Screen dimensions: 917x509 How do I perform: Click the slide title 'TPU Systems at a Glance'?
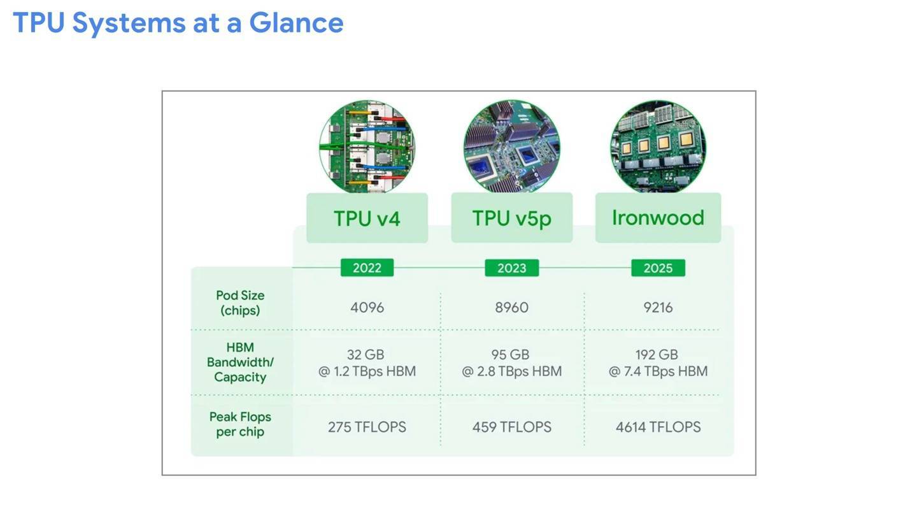(178, 23)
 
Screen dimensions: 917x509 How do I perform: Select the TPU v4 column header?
(367, 218)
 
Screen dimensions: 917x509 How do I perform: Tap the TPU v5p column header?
(512, 218)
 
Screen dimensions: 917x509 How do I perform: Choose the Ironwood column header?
(658, 218)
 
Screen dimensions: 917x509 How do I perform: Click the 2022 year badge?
(367, 268)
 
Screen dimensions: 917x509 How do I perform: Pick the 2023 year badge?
(512, 268)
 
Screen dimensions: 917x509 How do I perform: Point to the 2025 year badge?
(658, 268)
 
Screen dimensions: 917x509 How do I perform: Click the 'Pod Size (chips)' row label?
(240, 303)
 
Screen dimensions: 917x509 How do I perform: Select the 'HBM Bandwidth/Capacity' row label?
(240, 362)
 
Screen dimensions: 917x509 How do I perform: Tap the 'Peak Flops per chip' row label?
(240, 424)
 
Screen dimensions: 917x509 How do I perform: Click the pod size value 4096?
(367, 308)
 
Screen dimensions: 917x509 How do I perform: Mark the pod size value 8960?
(512, 308)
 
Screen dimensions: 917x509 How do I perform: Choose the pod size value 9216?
(658, 308)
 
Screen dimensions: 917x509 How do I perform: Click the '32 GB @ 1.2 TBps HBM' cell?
(367, 363)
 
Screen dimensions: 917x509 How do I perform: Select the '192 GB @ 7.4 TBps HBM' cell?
(658, 363)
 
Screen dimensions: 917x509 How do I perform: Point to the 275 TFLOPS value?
(367, 427)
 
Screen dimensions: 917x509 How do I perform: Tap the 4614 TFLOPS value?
(658, 427)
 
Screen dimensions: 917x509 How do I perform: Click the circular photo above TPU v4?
(367, 147)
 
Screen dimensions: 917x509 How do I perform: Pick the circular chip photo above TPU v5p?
(512, 147)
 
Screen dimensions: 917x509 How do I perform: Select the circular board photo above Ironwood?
(658, 147)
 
